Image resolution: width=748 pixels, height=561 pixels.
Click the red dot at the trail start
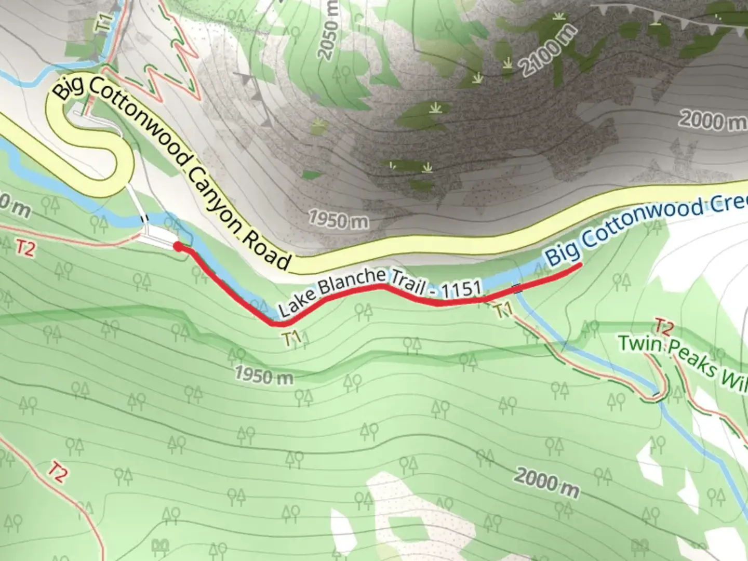coord(178,247)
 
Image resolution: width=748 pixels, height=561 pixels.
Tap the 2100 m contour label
coord(547,50)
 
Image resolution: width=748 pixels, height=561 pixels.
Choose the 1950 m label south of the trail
coord(263,375)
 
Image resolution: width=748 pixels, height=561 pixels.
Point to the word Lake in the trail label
coord(293,306)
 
